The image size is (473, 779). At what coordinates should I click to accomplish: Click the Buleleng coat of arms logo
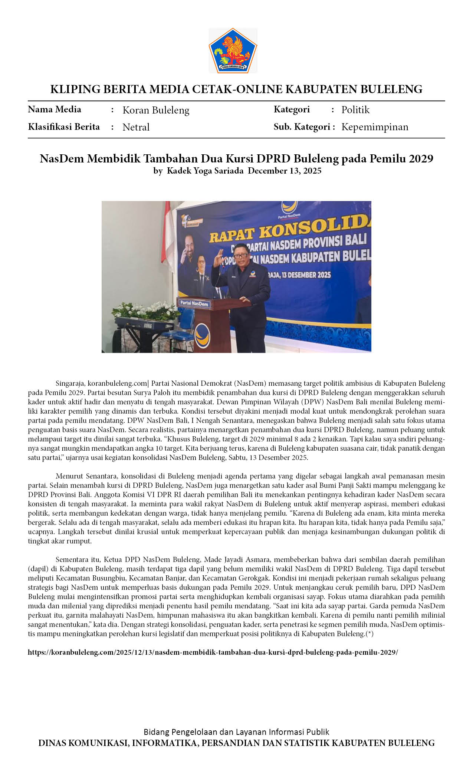click(x=233, y=50)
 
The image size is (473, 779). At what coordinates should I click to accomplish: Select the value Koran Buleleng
click(x=156, y=110)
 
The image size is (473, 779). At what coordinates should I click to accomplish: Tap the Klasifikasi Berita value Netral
click(x=136, y=127)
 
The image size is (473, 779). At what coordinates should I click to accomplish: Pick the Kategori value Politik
click(x=355, y=110)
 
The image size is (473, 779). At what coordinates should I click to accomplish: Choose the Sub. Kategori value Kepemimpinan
click(x=375, y=127)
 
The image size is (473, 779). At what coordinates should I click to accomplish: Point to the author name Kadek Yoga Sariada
click(x=205, y=171)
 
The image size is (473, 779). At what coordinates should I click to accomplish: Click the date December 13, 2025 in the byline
click(x=285, y=171)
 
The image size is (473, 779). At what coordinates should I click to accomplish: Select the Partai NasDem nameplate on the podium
click(x=194, y=303)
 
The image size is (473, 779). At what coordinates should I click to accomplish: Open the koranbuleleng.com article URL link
click(x=213, y=653)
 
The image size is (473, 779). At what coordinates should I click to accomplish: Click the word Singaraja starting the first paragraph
click(x=70, y=383)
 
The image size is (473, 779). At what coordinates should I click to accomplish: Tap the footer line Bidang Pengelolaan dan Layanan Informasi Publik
click(x=236, y=732)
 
